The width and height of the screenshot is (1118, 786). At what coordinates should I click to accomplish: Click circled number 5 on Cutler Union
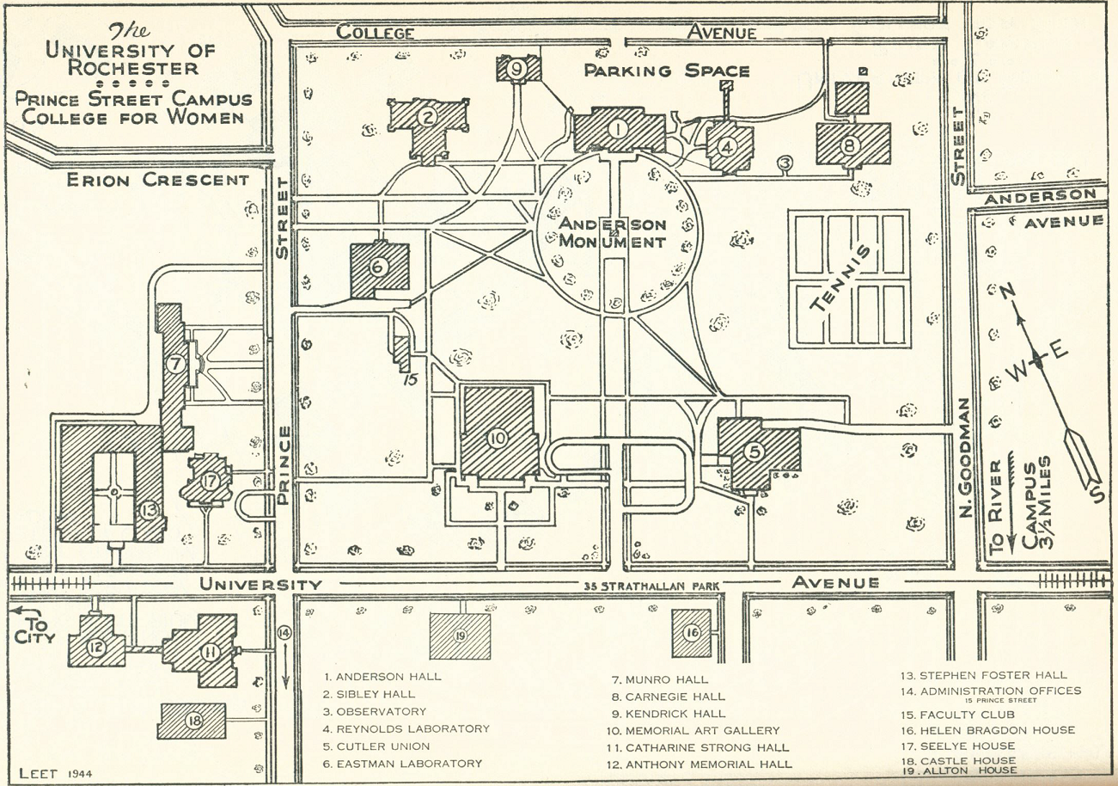(753, 451)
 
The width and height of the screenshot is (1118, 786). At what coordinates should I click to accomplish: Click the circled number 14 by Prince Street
(284, 633)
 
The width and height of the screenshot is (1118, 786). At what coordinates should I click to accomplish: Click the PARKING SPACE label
(667, 71)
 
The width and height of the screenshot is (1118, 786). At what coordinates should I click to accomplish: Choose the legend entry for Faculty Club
(957, 715)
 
